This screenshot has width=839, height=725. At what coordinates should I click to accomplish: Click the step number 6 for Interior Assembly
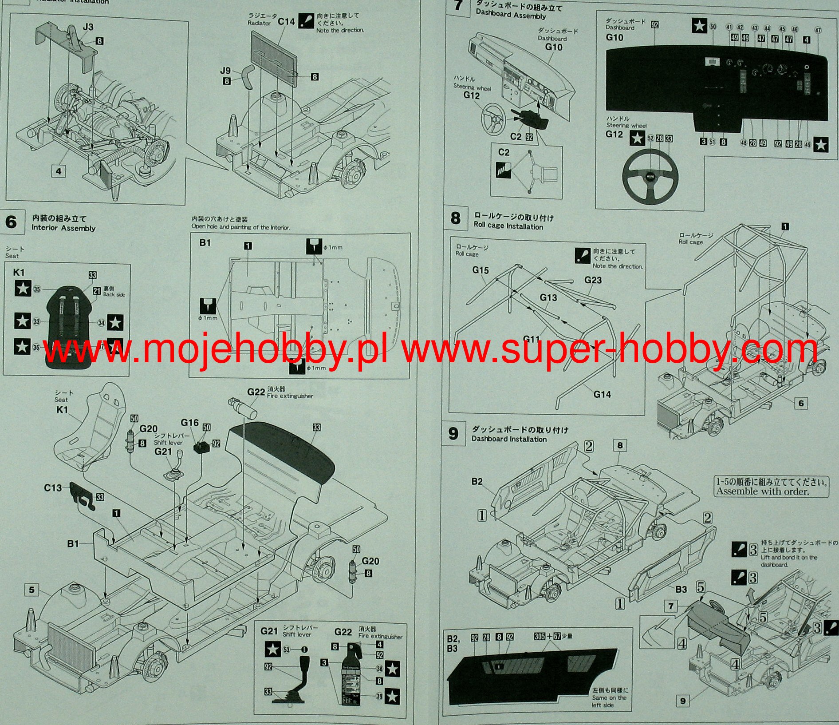[x=12, y=222]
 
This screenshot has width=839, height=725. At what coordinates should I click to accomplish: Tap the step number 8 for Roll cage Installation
[x=455, y=218]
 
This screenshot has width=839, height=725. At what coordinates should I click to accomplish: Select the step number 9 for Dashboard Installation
[x=453, y=433]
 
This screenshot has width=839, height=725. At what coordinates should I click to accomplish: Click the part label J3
[x=88, y=27]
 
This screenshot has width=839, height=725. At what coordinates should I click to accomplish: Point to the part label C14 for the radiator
[x=286, y=21]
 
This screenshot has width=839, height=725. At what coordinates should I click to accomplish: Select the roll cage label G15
[x=480, y=270]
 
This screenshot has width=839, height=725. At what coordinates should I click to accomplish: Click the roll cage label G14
[x=602, y=394]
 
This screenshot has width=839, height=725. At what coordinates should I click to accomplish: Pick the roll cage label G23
[x=593, y=280]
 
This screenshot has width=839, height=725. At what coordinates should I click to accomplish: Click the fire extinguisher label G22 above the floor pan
[x=256, y=392]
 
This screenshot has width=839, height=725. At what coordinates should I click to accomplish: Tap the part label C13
[x=53, y=488]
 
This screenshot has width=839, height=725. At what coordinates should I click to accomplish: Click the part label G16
[x=189, y=423]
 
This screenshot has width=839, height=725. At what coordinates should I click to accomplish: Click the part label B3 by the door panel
[x=681, y=590]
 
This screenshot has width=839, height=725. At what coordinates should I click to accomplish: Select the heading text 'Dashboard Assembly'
[x=510, y=16]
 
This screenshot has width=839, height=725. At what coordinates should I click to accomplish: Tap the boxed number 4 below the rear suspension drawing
[x=59, y=170]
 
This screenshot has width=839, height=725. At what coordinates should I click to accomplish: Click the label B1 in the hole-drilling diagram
[x=205, y=243]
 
